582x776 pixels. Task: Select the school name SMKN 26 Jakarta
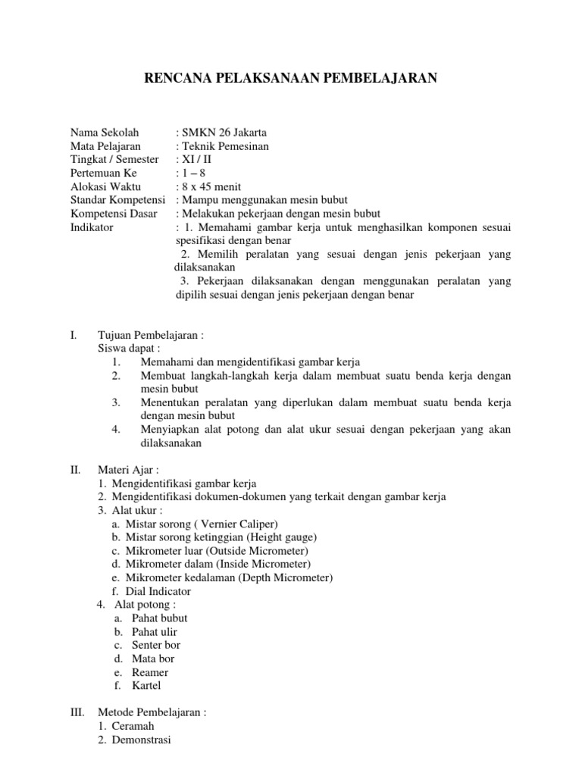coord(216,133)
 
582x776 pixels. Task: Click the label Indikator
coord(92,227)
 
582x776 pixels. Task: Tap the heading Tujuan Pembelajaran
coord(150,335)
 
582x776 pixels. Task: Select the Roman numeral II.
coord(75,470)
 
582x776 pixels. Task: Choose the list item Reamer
coord(150,672)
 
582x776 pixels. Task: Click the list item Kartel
coord(146,686)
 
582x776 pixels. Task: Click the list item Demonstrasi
coord(141,740)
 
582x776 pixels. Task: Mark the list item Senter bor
coord(156,645)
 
